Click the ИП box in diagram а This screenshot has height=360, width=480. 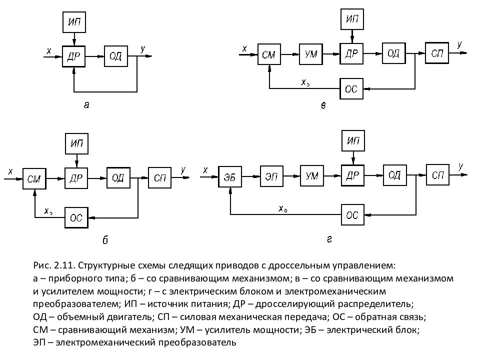(74, 21)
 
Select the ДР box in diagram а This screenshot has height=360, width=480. (74, 55)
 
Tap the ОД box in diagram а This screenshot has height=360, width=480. (115, 55)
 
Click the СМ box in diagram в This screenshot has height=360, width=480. (269, 54)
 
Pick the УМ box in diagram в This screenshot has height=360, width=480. (311, 54)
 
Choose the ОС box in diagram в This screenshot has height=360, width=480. (351, 88)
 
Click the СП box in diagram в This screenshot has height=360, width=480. (437, 53)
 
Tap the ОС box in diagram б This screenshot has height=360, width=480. (76, 217)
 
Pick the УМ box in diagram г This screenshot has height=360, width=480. (312, 176)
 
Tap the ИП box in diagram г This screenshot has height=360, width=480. (353, 141)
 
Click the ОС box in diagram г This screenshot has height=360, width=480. (352, 215)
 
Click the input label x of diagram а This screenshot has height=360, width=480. (48, 50)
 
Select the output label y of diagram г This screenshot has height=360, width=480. (460, 166)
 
